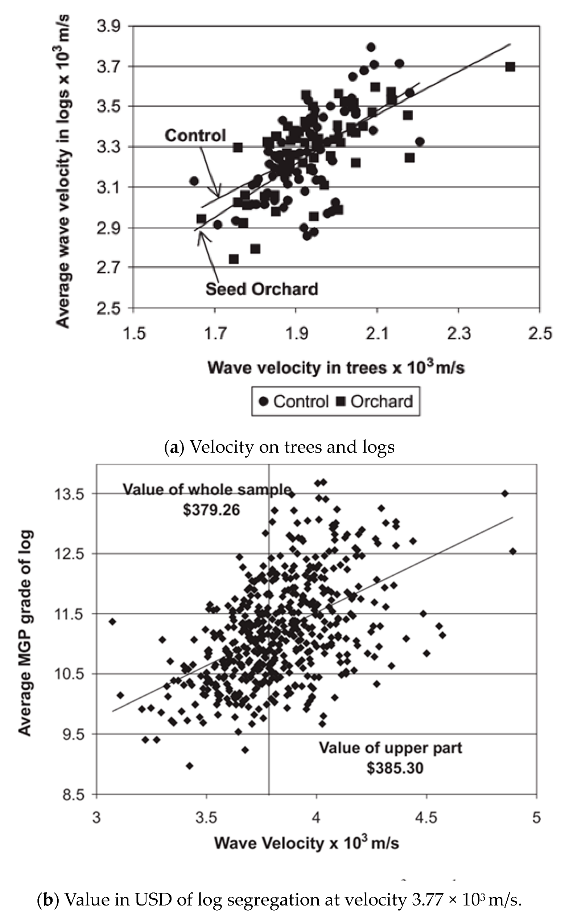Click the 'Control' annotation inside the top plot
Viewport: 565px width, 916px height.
coord(195,135)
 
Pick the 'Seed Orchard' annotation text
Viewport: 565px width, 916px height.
coord(261,289)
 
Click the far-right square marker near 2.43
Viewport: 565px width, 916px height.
coord(510,67)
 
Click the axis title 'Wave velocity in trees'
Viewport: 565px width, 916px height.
coord(336,367)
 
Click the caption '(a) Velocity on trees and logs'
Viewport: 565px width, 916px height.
coord(280,447)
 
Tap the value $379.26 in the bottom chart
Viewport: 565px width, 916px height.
coord(211,510)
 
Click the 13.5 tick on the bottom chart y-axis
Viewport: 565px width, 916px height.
coord(69,494)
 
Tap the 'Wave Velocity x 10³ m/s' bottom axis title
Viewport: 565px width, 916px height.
coord(306,843)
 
